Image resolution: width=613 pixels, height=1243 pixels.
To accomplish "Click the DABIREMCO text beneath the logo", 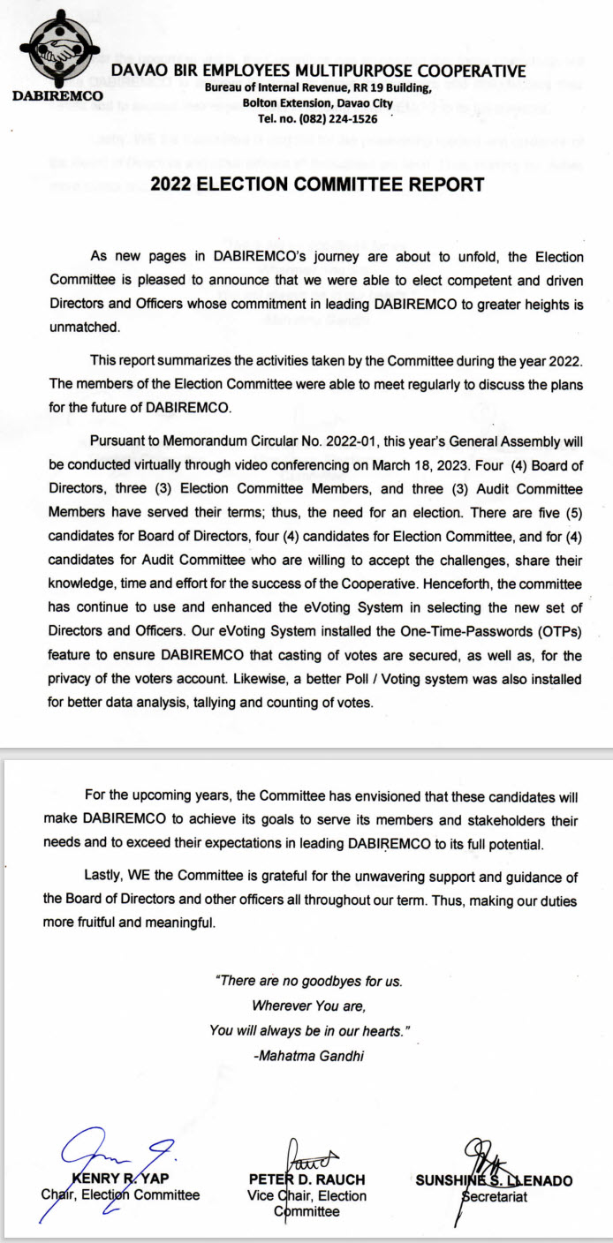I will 59,94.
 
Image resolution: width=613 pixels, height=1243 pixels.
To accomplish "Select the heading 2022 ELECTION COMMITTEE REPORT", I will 317,185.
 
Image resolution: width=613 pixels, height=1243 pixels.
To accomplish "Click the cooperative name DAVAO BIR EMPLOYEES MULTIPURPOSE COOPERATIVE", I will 318,71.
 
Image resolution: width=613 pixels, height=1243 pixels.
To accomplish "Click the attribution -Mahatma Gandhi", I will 306,1056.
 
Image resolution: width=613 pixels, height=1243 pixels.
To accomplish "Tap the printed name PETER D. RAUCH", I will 306,1179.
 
